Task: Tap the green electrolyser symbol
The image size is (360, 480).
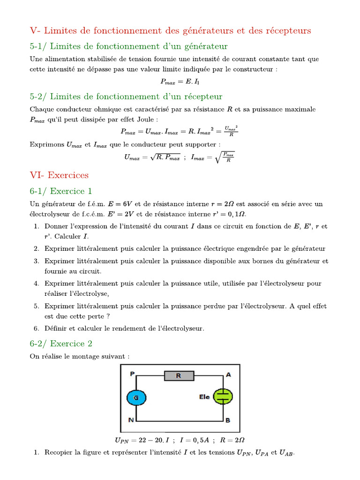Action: click(x=223, y=396)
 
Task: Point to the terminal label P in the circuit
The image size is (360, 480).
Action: click(x=132, y=374)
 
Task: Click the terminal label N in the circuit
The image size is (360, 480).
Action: click(x=132, y=420)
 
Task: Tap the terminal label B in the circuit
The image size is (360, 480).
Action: click(x=228, y=420)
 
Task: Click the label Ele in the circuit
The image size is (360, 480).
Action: click(x=204, y=397)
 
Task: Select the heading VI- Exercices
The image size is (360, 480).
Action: click(x=59, y=175)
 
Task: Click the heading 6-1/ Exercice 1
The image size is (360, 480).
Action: click(x=61, y=191)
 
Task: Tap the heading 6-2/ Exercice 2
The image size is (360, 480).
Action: click(x=61, y=344)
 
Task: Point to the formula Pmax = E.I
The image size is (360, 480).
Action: click(x=180, y=81)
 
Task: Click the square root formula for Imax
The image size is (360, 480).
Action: click(x=213, y=157)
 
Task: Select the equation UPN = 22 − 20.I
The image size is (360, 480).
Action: click(x=139, y=440)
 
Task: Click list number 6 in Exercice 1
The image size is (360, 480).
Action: click(x=37, y=328)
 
